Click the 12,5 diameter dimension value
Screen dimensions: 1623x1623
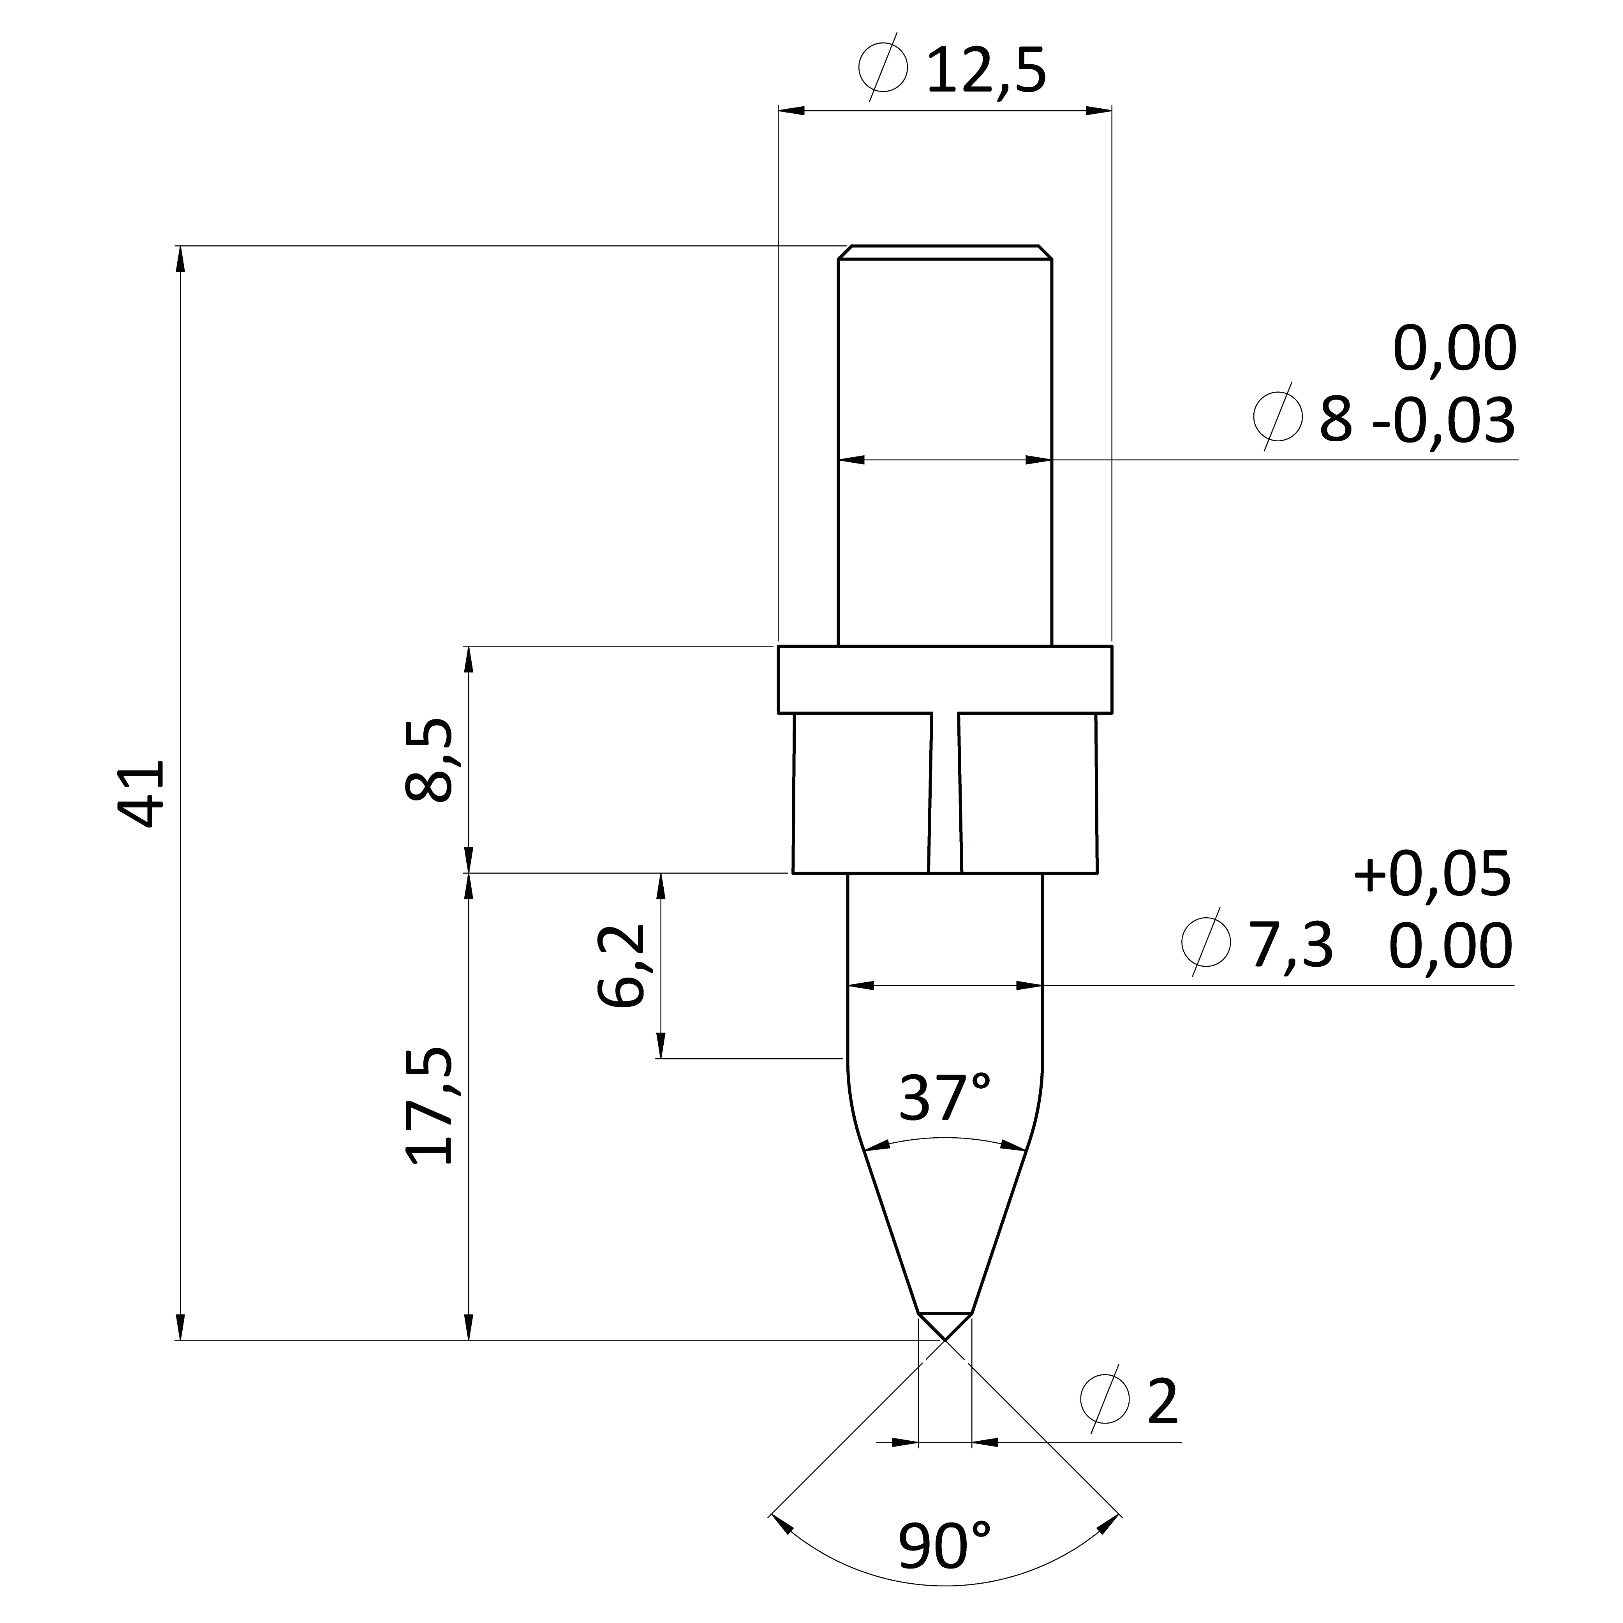tap(986, 71)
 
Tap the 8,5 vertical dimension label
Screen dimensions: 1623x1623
tap(428, 760)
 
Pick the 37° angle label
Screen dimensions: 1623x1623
tap(945, 1097)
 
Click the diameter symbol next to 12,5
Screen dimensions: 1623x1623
tap(884, 67)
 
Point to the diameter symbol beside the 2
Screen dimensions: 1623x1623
tap(1105, 1399)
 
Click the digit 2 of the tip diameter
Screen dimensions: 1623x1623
tap(1163, 1401)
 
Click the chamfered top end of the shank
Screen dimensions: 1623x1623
tap(945, 253)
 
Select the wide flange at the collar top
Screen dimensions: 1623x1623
tap(945, 680)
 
